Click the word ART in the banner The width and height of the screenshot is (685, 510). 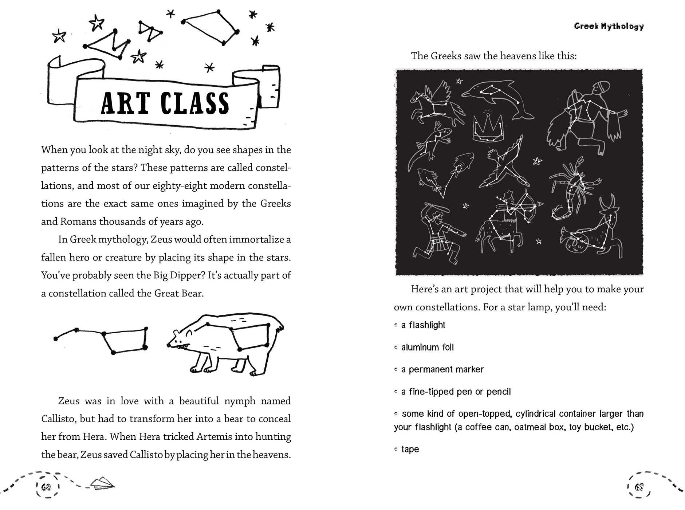125,103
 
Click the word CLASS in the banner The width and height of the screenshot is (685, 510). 195,103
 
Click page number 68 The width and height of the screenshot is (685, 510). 46,487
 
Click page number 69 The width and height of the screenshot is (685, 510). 639,487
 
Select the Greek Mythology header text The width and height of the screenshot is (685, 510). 609,26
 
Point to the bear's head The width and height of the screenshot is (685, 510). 180,338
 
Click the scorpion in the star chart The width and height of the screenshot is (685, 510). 574,186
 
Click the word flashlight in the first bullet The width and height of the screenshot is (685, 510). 427,325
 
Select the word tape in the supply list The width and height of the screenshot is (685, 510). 410,449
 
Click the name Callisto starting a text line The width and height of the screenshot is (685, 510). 59,419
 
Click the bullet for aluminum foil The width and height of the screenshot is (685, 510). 396,348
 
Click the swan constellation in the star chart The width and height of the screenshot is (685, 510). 504,162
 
